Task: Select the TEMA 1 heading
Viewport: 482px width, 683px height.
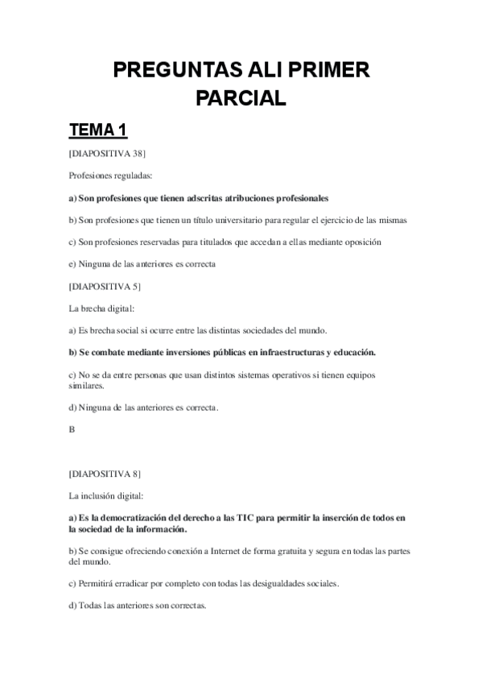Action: [98, 130]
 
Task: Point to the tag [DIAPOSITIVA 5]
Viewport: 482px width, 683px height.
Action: [105, 285]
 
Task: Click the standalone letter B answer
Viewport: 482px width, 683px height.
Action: [72, 429]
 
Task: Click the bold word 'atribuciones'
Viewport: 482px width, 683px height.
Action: [241, 197]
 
